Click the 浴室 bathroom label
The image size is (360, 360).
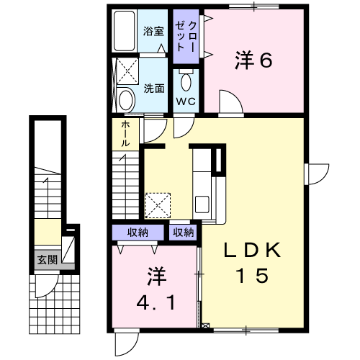[153, 32]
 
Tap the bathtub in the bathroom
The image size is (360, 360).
[124, 31]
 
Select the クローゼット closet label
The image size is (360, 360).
[186, 37]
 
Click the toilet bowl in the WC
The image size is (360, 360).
[186, 81]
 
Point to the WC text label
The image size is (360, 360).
[186, 102]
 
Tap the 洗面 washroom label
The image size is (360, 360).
[154, 89]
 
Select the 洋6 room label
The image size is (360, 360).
[253, 60]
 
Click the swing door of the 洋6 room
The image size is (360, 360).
[231, 102]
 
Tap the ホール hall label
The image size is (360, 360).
[125, 134]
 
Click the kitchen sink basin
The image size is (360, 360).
[202, 204]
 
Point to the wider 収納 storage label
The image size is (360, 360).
[138, 233]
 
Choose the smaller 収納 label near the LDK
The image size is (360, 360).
[184, 233]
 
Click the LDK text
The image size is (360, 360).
[252, 250]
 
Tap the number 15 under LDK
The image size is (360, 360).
[252, 275]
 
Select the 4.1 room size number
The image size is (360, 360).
[156, 302]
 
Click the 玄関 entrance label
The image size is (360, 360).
[48, 260]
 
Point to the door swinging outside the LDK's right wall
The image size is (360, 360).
[319, 174]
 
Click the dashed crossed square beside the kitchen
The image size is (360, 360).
[158, 206]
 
